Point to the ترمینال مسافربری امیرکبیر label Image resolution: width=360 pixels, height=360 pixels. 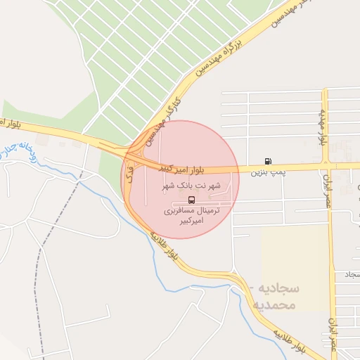pyautogui.click(x=192, y=215)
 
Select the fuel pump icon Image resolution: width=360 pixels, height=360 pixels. pyautogui.click(x=267, y=160)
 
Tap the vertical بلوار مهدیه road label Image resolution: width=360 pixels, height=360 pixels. pyautogui.click(x=323, y=127)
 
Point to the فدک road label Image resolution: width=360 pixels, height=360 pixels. pyautogui.click(x=130, y=176)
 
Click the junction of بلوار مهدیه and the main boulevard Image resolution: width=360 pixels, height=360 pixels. pyautogui.click(x=326, y=167)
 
